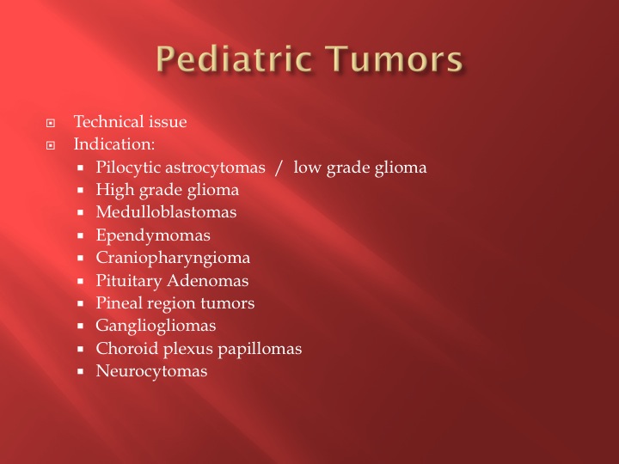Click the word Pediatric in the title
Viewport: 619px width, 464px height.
[233, 58]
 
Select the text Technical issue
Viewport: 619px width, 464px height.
[131, 121]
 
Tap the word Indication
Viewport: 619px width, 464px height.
[113, 144]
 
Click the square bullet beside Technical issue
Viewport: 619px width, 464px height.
[51, 123]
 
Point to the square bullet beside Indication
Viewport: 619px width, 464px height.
[51, 145]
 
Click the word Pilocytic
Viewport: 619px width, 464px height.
[128, 168]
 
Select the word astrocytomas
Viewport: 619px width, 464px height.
[215, 168]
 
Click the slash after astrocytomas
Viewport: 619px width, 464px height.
[279, 168]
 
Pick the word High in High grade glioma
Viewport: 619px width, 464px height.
[115, 190]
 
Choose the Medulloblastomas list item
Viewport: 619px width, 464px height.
[166, 212]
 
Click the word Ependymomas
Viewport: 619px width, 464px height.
[153, 235]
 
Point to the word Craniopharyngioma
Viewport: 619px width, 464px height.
[173, 259]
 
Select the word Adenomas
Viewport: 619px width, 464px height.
[208, 280]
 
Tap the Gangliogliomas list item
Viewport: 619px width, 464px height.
[156, 327]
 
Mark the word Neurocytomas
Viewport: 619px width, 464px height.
[151, 371]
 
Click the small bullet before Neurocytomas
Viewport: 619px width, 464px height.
[81, 371]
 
